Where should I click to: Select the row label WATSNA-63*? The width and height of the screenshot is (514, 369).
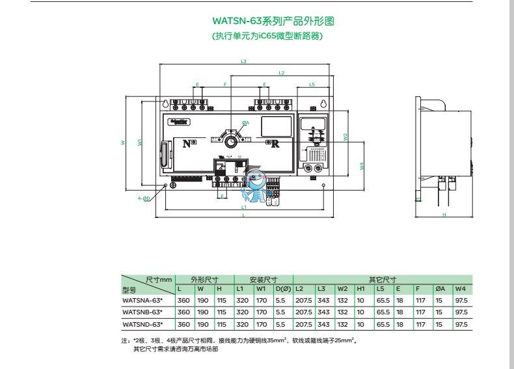point(142,301)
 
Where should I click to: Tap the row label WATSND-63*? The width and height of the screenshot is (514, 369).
point(142,323)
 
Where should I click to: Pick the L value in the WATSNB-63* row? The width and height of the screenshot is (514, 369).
point(183,312)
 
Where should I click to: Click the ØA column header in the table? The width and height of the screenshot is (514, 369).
point(440,289)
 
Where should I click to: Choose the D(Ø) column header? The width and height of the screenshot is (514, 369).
point(282,289)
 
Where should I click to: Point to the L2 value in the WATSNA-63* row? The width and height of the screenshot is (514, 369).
point(303,301)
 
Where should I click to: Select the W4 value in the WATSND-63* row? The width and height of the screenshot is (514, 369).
point(461,323)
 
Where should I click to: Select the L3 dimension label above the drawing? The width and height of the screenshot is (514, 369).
point(243,62)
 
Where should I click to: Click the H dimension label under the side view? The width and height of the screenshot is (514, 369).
point(443,214)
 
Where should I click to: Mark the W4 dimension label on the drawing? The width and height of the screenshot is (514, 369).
point(362,166)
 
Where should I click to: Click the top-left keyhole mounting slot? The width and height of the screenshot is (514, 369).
point(165,103)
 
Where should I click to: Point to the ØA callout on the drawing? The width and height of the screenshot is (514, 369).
point(245,122)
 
